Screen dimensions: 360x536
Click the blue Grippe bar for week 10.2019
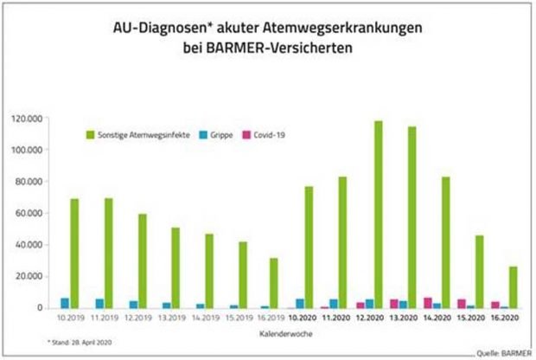(64, 303)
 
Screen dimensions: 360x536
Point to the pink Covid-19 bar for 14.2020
(427, 303)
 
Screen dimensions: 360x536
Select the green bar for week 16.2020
(514, 286)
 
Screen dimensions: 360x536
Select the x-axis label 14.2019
(205, 318)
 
